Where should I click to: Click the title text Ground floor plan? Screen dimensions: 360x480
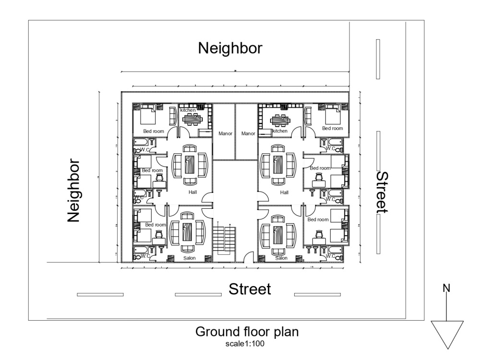pos(247,333)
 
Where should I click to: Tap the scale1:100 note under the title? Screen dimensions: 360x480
pos(247,344)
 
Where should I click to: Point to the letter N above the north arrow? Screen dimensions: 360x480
pos(446,288)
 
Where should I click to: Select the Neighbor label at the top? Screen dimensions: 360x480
pos(230,48)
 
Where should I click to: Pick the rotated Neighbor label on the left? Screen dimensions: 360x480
pos(73,191)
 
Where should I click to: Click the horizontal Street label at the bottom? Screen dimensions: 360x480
pos(250,289)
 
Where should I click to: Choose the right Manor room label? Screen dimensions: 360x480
pos(248,133)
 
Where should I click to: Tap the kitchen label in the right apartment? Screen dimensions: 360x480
pos(280,131)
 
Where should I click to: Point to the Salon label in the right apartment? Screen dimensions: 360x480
pos(281,258)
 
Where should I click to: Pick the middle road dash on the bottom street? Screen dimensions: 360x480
pos(198,294)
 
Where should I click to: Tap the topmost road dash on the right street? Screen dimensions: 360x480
pos(378,59)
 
